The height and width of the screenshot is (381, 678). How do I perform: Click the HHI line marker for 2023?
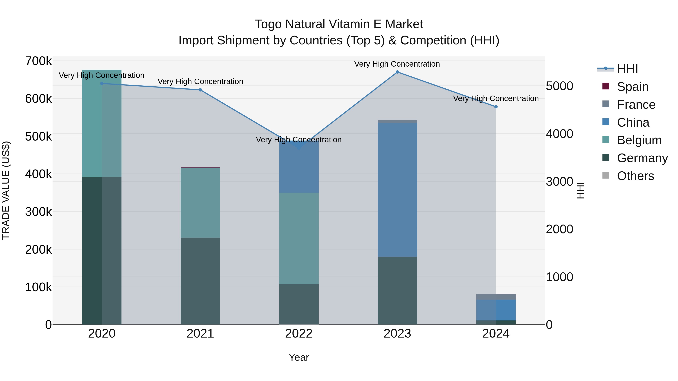coord(397,72)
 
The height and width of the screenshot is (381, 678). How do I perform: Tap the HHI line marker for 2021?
coord(200,90)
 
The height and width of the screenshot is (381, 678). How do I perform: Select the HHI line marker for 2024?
coord(496,107)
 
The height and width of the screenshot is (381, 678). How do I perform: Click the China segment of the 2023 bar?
coord(397,189)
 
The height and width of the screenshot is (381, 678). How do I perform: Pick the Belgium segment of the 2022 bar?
coord(299,238)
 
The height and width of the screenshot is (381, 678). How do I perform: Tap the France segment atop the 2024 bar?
coord(496,297)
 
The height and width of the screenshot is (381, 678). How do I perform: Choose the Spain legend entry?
coord(632,87)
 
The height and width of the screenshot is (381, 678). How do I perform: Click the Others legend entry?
coord(635,176)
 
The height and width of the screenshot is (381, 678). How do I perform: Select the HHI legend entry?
coord(627,69)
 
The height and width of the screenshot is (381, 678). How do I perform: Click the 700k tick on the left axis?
coord(38,61)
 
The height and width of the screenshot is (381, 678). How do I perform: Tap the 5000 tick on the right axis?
coord(559,86)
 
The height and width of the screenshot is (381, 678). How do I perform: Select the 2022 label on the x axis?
coord(299,334)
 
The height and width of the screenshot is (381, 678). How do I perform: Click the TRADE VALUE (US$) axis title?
coord(6,190)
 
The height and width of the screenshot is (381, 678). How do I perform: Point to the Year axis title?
coord(299,357)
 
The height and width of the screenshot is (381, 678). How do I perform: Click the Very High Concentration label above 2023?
coord(397,64)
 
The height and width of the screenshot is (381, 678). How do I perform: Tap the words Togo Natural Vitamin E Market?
coord(339,24)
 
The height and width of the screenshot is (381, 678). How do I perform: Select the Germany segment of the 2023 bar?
coord(397,290)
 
